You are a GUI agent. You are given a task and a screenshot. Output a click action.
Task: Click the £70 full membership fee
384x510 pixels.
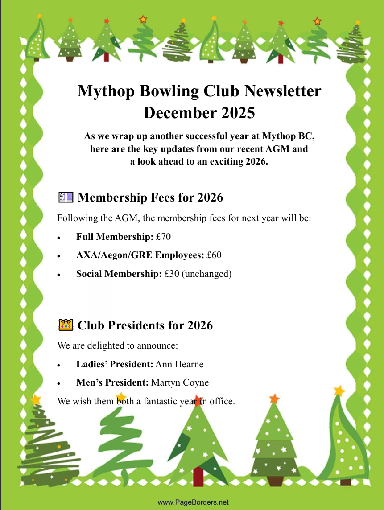164,237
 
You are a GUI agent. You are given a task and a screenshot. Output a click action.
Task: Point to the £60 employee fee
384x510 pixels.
214,255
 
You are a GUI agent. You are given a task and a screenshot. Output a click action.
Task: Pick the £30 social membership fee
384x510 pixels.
172,274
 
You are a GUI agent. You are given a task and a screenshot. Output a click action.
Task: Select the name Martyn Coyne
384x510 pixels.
180,382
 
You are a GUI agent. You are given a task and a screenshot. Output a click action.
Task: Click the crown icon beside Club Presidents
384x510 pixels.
66,325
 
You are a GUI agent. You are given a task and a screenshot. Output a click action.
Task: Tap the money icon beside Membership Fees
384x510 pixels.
65,197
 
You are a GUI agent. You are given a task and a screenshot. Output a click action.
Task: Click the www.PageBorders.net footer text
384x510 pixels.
193,502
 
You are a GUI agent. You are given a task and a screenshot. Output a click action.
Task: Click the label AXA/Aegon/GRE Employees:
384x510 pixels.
140,255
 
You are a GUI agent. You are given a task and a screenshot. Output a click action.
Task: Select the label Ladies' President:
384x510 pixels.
115,364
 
